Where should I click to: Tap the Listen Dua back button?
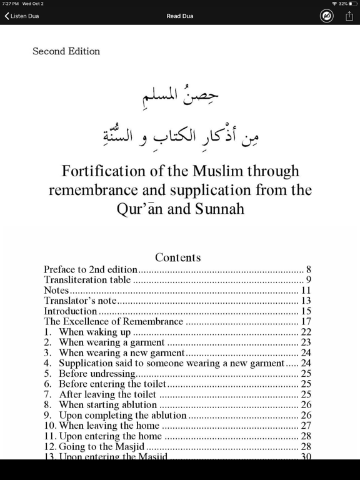(x=22, y=16)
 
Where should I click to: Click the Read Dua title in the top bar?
(x=180, y=16)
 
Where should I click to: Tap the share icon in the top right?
(x=349, y=16)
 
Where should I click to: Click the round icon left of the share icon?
(x=327, y=16)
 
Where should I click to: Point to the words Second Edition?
(x=66, y=51)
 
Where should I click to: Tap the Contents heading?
(x=178, y=257)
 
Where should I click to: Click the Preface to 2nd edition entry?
(x=91, y=270)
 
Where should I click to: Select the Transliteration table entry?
(x=87, y=280)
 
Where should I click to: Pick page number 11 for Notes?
(x=306, y=291)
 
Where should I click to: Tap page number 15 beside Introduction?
(x=306, y=311)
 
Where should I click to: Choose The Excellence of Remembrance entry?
(x=113, y=322)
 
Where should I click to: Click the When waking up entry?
(x=94, y=332)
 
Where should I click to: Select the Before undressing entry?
(x=97, y=374)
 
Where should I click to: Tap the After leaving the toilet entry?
(x=107, y=394)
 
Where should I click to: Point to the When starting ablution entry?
(x=107, y=405)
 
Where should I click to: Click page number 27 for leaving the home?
(x=306, y=426)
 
